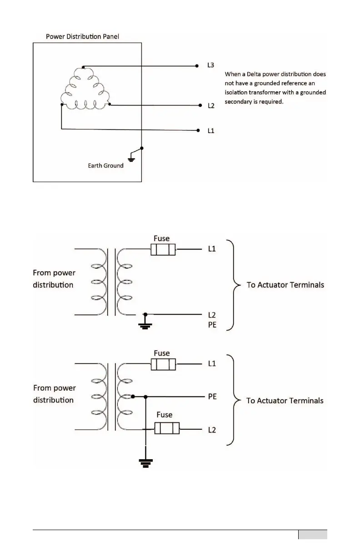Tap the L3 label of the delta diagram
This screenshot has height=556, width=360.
(x=210, y=65)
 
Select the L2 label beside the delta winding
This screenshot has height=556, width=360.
(x=210, y=106)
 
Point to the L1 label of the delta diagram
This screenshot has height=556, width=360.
(x=210, y=131)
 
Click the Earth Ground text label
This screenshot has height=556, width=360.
(x=105, y=166)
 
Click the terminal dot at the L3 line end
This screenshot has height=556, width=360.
(x=197, y=65)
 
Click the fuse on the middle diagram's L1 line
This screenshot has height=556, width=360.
(x=163, y=249)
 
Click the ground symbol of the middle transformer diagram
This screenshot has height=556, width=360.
(x=145, y=323)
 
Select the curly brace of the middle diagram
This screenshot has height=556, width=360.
(x=233, y=285)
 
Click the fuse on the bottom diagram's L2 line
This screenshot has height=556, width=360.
(x=167, y=428)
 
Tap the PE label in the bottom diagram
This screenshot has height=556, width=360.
(x=212, y=397)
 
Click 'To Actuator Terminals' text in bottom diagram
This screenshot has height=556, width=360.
(x=285, y=401)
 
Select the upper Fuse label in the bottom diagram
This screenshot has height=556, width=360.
(x=162, y=353)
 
